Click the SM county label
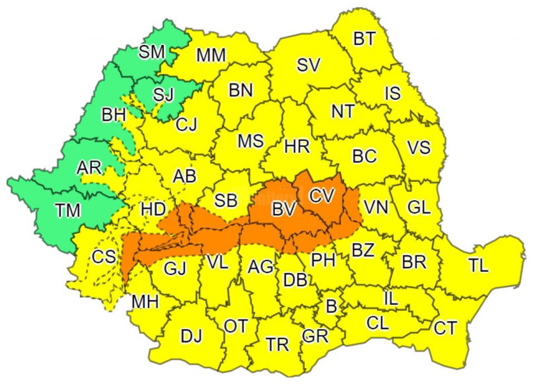(x=152, y=52)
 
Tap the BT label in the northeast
(x=364, y=38)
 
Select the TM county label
(x=68, y=210)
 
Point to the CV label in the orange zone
(x=322, y=195)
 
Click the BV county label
(x=283, y=210)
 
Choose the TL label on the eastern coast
(x=478, y=265)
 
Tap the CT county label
(x=445, y=328)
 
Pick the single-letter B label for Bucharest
(x=331, y=306)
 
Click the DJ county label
(x=191, y=336)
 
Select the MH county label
(x=145, y=302)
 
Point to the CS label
(x=104, y=257)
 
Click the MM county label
(x=211, y=55)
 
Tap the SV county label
(x=308, y=65)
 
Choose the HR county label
(x=296, y=147)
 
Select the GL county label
(x=419, y=207)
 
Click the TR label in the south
(x=277, y=345)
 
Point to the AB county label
(x=184, y=176)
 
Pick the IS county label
(x=392, y=93)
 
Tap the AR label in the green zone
(x=89, y=167)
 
